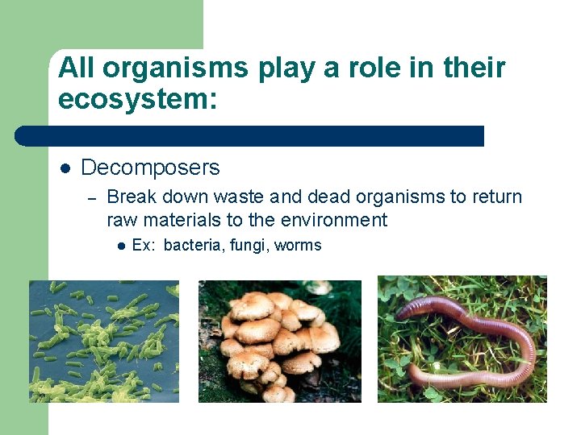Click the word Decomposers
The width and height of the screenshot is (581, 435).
click(x=150, y=168)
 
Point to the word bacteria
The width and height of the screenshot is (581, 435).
click(x=193, y=246)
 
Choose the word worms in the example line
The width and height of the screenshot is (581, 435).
click(x=298, y=246)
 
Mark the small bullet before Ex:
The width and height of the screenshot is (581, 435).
click(x=119, y=246)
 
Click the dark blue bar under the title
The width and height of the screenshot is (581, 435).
click(x=250, y=135)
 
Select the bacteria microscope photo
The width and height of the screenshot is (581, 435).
click(x=104, y=341)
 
